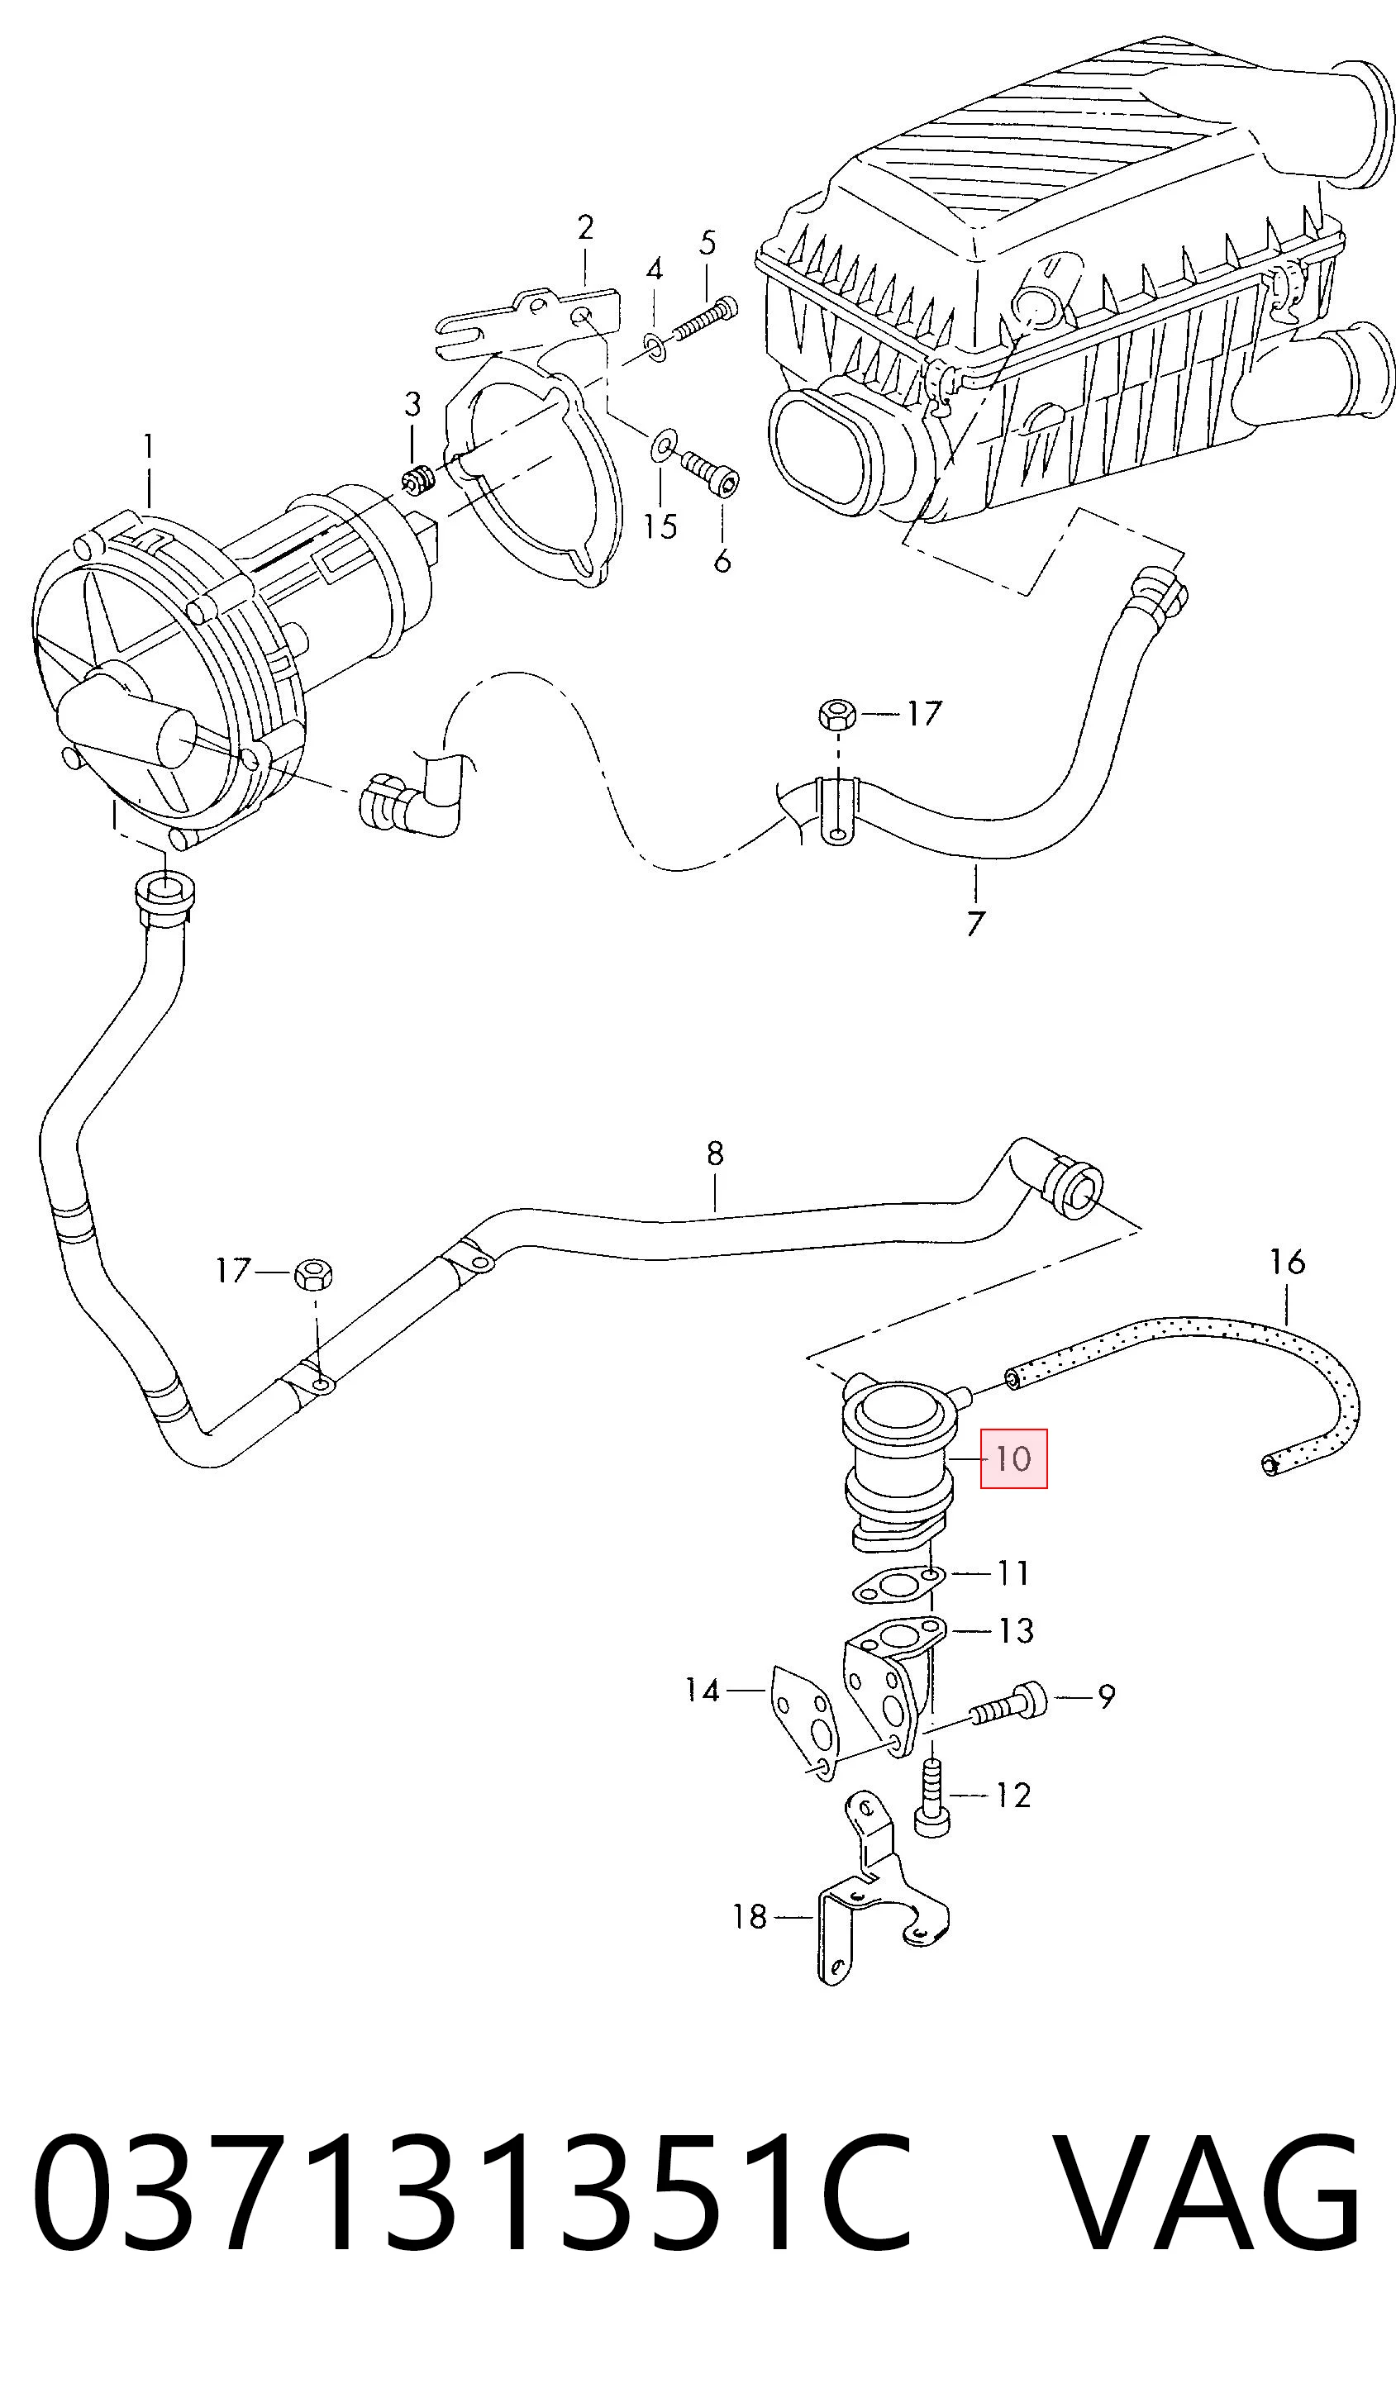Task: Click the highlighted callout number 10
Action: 1013,1458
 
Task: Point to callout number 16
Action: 1287,1261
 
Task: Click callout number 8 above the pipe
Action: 715,1154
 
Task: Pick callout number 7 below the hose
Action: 975,923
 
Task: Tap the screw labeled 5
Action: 706,319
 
